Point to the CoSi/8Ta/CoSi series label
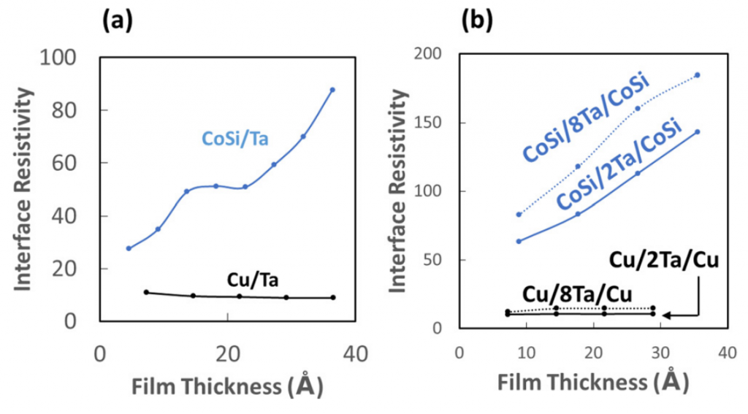587,119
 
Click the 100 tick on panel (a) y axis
68,58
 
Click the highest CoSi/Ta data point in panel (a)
332,90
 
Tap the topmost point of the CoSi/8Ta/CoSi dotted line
698,75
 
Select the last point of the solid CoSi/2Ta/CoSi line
698,132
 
